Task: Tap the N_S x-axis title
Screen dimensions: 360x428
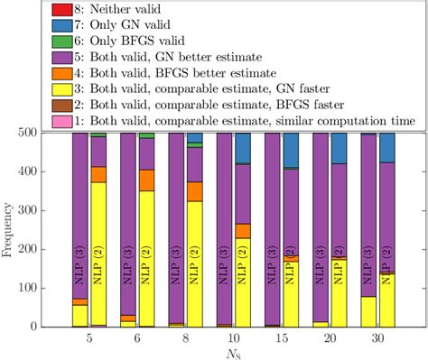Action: pyautogui.click(x=233, y=352)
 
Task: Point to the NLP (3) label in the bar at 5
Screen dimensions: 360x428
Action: pyautogui.click(x=79, y=266)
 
